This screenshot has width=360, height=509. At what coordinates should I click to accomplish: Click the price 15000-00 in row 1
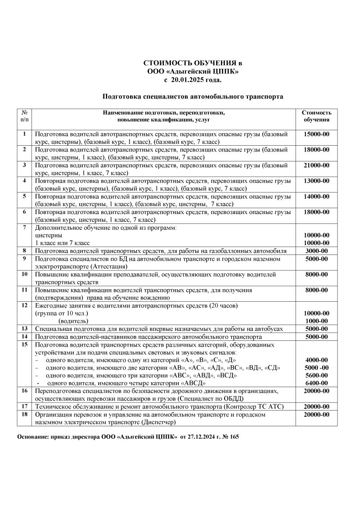316,134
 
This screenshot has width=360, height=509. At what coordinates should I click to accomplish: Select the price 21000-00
316,165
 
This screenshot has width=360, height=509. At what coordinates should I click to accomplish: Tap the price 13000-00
316,181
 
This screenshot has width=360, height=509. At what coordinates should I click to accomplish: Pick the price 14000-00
316,196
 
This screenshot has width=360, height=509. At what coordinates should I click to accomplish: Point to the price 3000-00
316,250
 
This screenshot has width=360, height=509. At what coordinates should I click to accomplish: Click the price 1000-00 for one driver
316,321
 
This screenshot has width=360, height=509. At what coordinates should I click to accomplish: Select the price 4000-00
316,360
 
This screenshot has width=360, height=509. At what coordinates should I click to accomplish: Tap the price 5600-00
316,375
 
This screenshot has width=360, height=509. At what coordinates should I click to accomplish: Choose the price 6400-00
316,383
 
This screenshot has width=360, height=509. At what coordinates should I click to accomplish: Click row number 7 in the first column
25,227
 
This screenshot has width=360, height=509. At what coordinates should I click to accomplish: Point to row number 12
25,305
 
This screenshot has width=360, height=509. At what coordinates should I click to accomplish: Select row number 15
25,344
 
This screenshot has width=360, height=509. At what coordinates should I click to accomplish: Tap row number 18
25,415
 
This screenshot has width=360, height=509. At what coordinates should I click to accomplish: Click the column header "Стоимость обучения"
316,116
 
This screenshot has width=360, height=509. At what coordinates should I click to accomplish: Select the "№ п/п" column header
25,116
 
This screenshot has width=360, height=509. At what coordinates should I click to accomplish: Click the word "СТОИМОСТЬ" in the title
166,64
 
